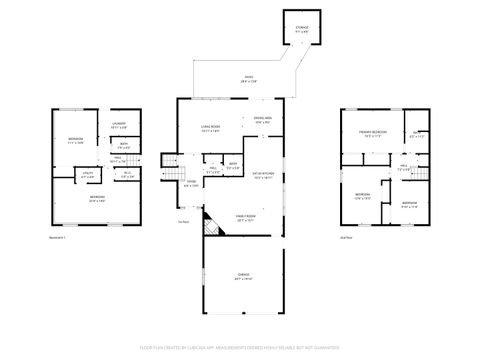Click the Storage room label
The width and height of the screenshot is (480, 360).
tap(302, 30)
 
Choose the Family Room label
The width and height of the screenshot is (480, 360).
tap(246, 217)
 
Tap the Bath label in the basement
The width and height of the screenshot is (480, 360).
tap(122, 147)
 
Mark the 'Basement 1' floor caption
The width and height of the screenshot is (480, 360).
tap(57, 238)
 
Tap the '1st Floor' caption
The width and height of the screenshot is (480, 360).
tap(183, 222)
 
